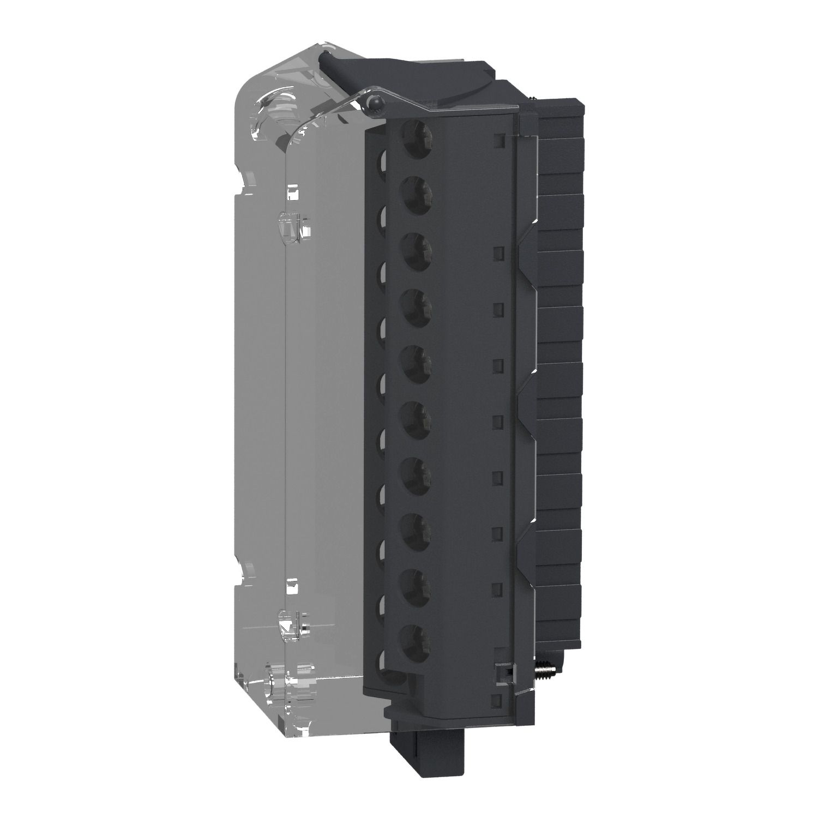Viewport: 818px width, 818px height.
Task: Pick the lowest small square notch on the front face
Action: point(497,700)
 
